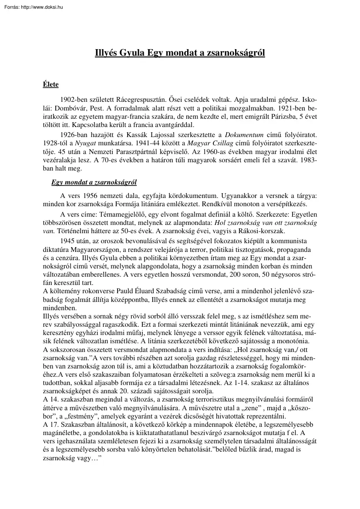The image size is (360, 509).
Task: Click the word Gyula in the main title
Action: (132, 53)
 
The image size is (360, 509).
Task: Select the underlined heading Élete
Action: (50, 84)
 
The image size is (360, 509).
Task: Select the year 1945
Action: (69, 241)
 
